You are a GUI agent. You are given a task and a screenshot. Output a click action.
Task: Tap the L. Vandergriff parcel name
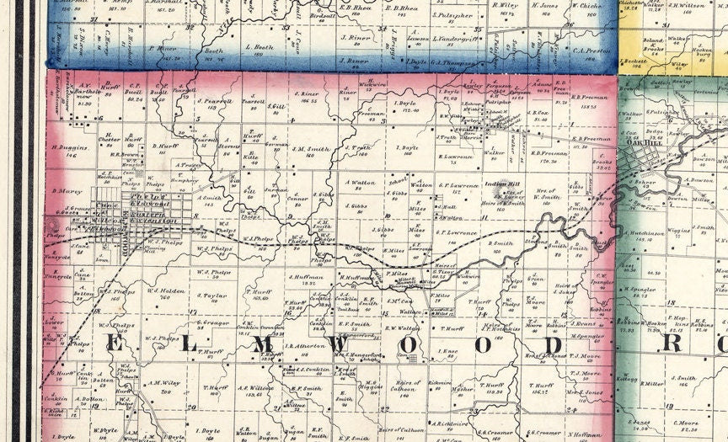point(455,39)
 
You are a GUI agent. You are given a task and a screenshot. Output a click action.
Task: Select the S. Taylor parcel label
point(212,296)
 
